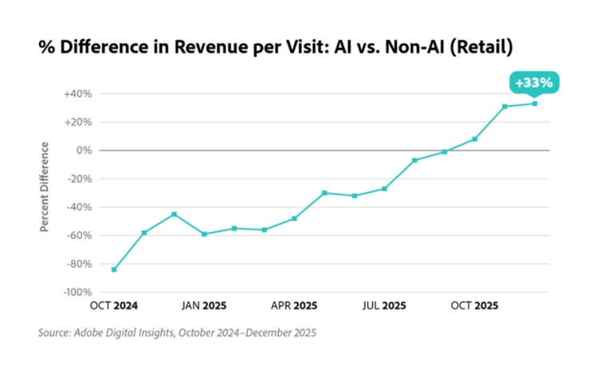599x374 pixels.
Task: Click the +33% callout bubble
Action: (534, 82)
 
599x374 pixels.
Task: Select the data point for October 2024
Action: (113, 269)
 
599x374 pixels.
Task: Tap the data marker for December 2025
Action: (534, 103)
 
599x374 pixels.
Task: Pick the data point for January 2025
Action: (204, 234)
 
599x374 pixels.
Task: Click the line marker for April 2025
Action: (295, 218)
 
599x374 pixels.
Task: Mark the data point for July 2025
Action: (384, 189)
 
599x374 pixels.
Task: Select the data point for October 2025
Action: (474, 139)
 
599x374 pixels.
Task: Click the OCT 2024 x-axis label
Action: (113, 305)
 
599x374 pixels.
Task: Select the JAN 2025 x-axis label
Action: (204, 305)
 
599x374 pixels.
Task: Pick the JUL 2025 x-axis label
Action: (384, 305)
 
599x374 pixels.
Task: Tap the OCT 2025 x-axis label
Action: (474, 305)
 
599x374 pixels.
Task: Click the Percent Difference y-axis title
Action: (46, 187)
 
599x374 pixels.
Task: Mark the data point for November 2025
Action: (505, 106)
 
